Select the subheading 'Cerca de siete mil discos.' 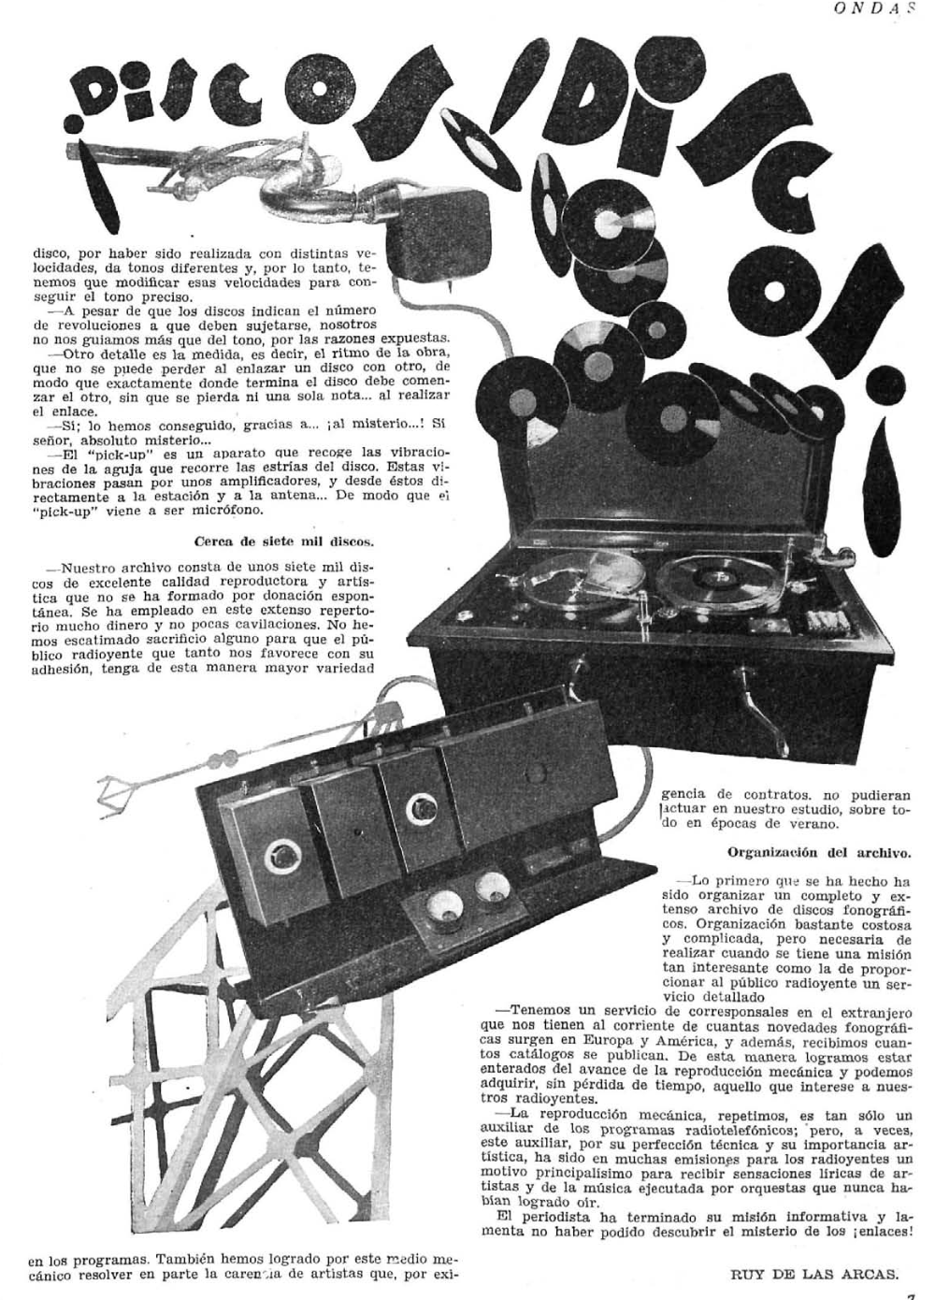point(285,541)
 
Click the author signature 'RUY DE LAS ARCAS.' point(813,1273)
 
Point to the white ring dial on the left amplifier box point(278,854)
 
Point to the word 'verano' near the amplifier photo point(819,824)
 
